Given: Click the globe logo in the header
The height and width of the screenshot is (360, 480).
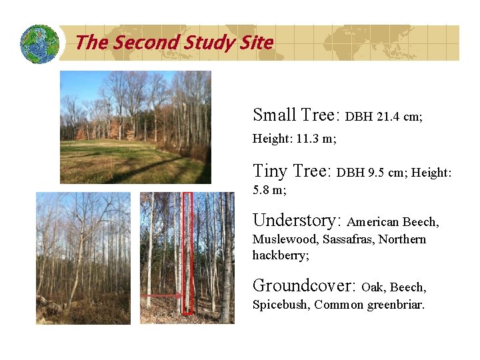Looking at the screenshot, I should pyautogui.click(x=39, y=44).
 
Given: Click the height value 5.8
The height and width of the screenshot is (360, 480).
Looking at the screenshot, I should pyautogui.click(x=261, y=190).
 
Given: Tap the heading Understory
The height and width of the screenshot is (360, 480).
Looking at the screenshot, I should pyautogui.click(x=297, y=220).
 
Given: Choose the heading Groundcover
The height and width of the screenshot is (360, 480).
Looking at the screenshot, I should pyautogui.click(x=304, y=286).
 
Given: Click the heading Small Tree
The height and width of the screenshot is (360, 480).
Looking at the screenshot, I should pyautogui.click(x=297, y=115).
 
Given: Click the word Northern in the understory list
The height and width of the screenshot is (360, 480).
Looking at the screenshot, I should pyautogui.click(x=402, y=239).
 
